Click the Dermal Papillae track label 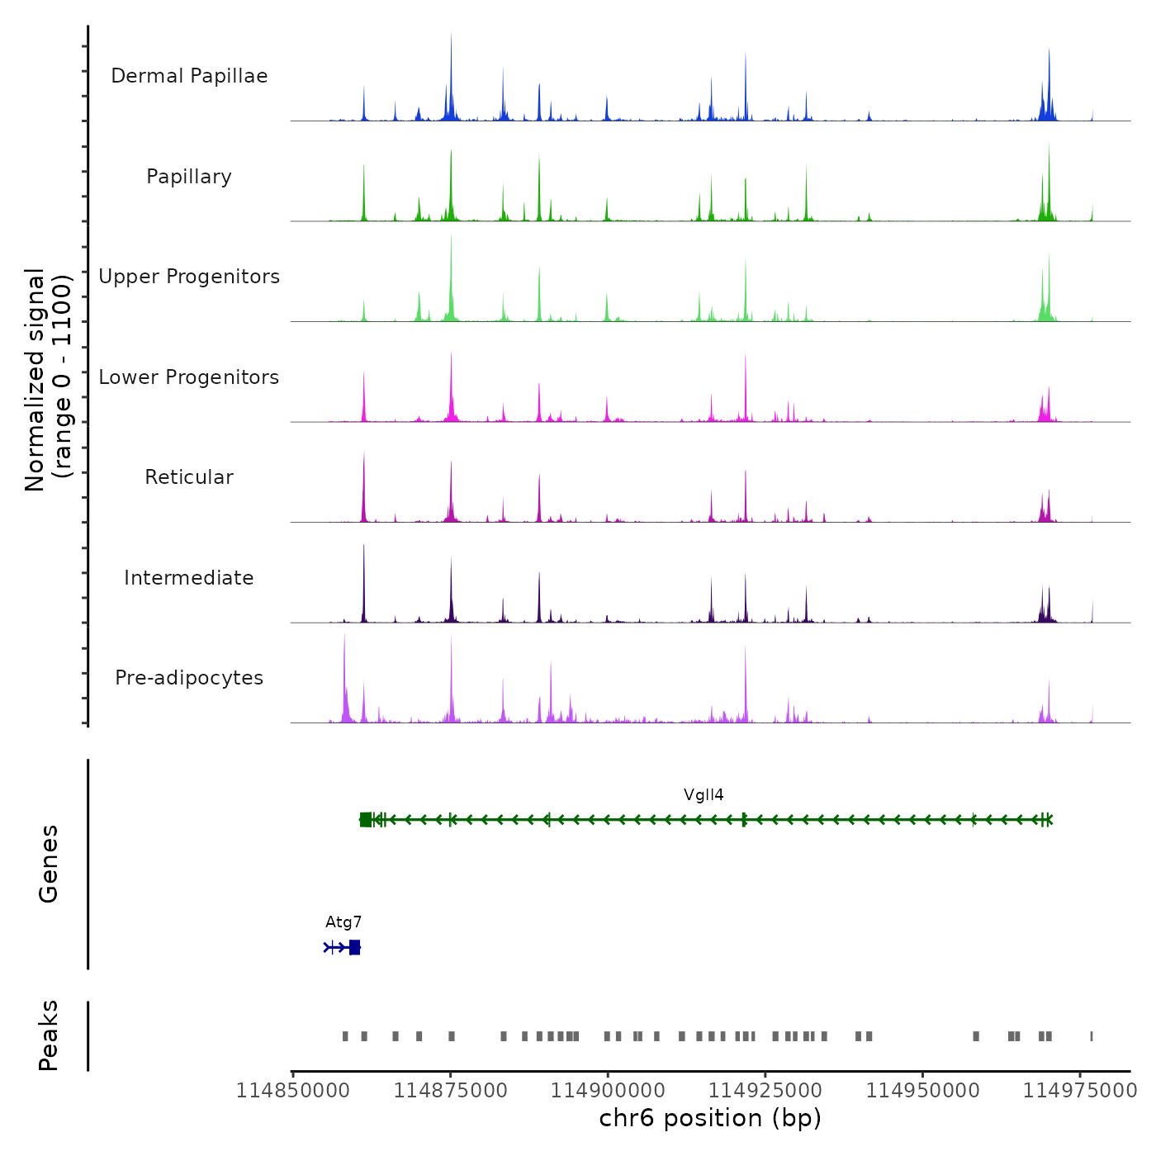pyautogui.click(x=189, y=76)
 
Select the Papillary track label pyautogui.click(x=189, y=177)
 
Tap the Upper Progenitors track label pyautogui.click(x=189, y=277)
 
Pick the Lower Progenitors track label pyautogui.click(x=189, y=377)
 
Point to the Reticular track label pyautogui.click(x=189, y=477)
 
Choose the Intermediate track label pyautogui.click(x=189, y=578)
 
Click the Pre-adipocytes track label pyautogui.click(x=189, y=678)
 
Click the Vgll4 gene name pyautogui.click(x=704, y=795)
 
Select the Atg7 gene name pyautogui.click(x=343, y=922)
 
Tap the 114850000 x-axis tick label pyautogui.click(x=293, y=1091)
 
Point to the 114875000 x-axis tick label pyautogui.click(x=451, y=1091)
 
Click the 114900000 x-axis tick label pyautogui.click(x=608, y=1091)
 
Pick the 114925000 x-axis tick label pyautogui.click(x=765, y=1091)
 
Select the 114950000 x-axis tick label pyautogui.click(x=923, y=1091)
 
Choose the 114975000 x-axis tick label pyautogui.click(x=1080, y=1091)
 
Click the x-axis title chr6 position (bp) pyautogui.click(x=710, y=1118)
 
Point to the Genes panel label pyautogui.click(x=49, y=864)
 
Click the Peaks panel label pyautogui.click(x=49, y=1035)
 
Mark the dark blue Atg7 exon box pyautogui.click(x=355, y=947)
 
